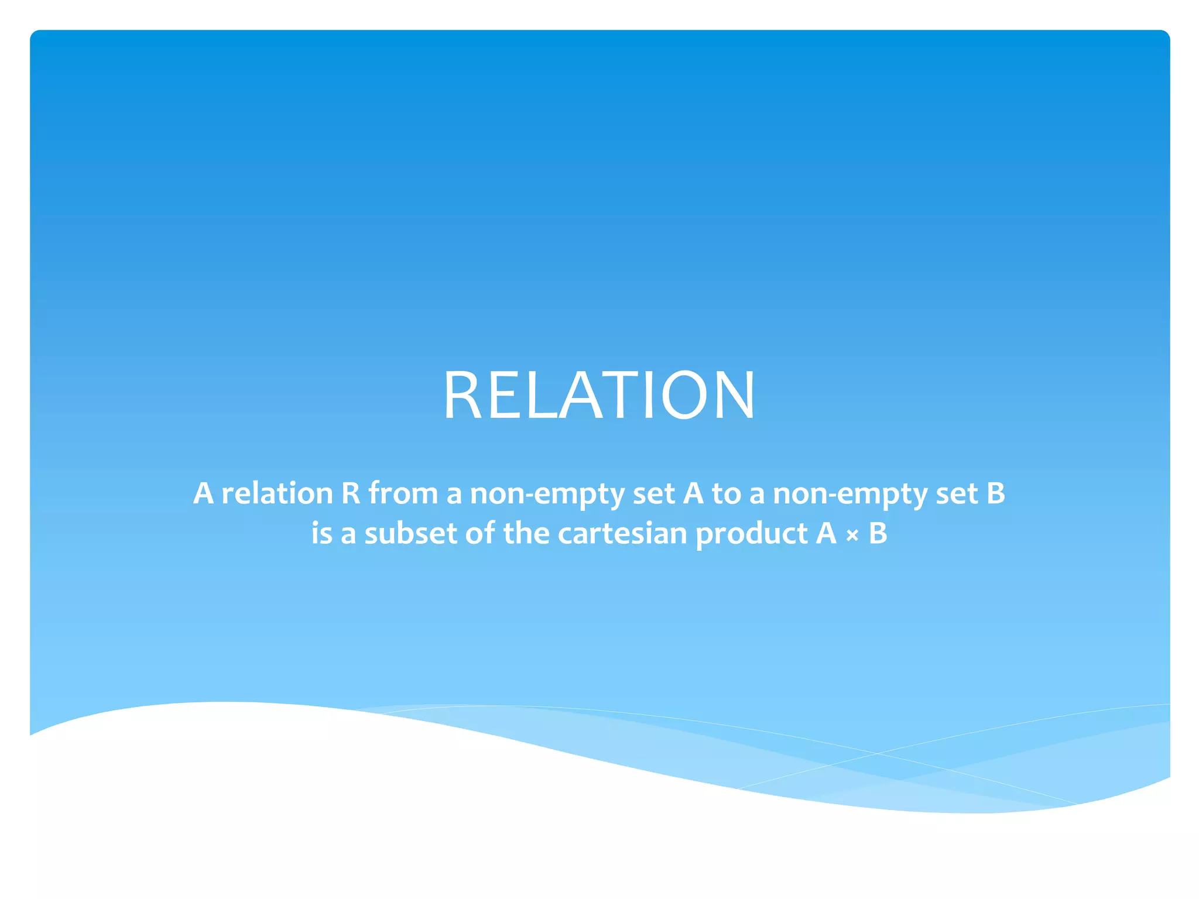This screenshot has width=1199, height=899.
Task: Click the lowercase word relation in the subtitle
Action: tap(277, 493)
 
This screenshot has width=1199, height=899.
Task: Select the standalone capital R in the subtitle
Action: tap(350, 493)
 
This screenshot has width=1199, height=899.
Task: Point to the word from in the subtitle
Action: tap(403, 493)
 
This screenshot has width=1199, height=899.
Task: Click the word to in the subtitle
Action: tap(726, 493)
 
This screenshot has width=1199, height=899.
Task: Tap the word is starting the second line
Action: tap(321, 533)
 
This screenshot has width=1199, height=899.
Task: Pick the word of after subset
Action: tap(479, 533)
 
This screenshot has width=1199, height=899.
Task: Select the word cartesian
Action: tap(622, 533)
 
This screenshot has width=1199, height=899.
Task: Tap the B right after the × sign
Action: tap(878, 533)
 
